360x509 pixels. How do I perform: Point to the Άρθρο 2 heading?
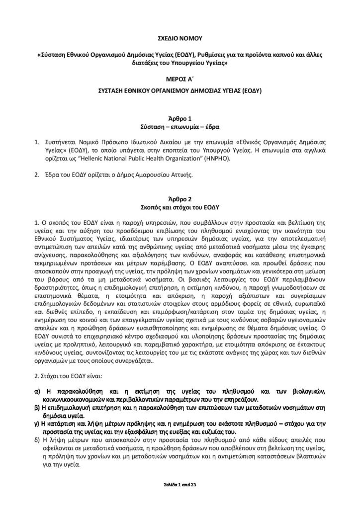tap(180, 198)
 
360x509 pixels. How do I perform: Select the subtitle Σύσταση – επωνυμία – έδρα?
tap(180, 126)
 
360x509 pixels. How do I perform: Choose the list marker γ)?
tap(37, 424)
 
